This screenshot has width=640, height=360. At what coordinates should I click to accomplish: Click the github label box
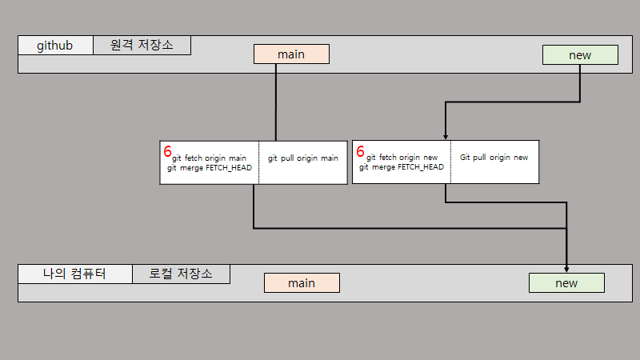(x=55, y=46)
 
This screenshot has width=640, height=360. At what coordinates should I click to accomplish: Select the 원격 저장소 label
(x=142, y=46)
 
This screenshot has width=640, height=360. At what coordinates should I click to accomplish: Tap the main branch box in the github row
(x=291, y=54)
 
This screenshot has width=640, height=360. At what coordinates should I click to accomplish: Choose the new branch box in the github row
(x=580, y=55)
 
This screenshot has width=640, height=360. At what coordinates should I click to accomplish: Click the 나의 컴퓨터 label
(x=74, y=274)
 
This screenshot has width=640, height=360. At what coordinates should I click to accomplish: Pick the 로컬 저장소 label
(x=181, y=274)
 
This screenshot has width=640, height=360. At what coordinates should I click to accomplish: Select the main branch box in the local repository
(x=302, y=283)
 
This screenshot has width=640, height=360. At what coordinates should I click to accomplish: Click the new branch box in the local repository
(x=566, y=283)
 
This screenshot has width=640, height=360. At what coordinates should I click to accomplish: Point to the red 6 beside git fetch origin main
(x=167, y=150)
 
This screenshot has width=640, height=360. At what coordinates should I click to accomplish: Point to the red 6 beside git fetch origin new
(x=360, y=150)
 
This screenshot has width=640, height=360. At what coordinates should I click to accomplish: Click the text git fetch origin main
(x=209, y=158)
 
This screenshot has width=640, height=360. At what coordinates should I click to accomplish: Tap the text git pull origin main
(x=303, y=158)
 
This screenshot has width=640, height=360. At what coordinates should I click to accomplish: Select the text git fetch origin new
(x=402, y=158)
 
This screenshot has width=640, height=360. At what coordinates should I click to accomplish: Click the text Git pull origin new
(x=494, y=158)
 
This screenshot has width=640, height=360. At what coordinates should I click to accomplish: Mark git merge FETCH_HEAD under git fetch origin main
(x=210, y=168)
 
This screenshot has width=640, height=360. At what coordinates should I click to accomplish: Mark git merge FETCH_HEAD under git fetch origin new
(x=402, y=168)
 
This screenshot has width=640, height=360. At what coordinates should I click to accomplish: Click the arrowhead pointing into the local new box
(x=566, y=269)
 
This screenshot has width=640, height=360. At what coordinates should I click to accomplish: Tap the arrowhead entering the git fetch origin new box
(x=445, y=137)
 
